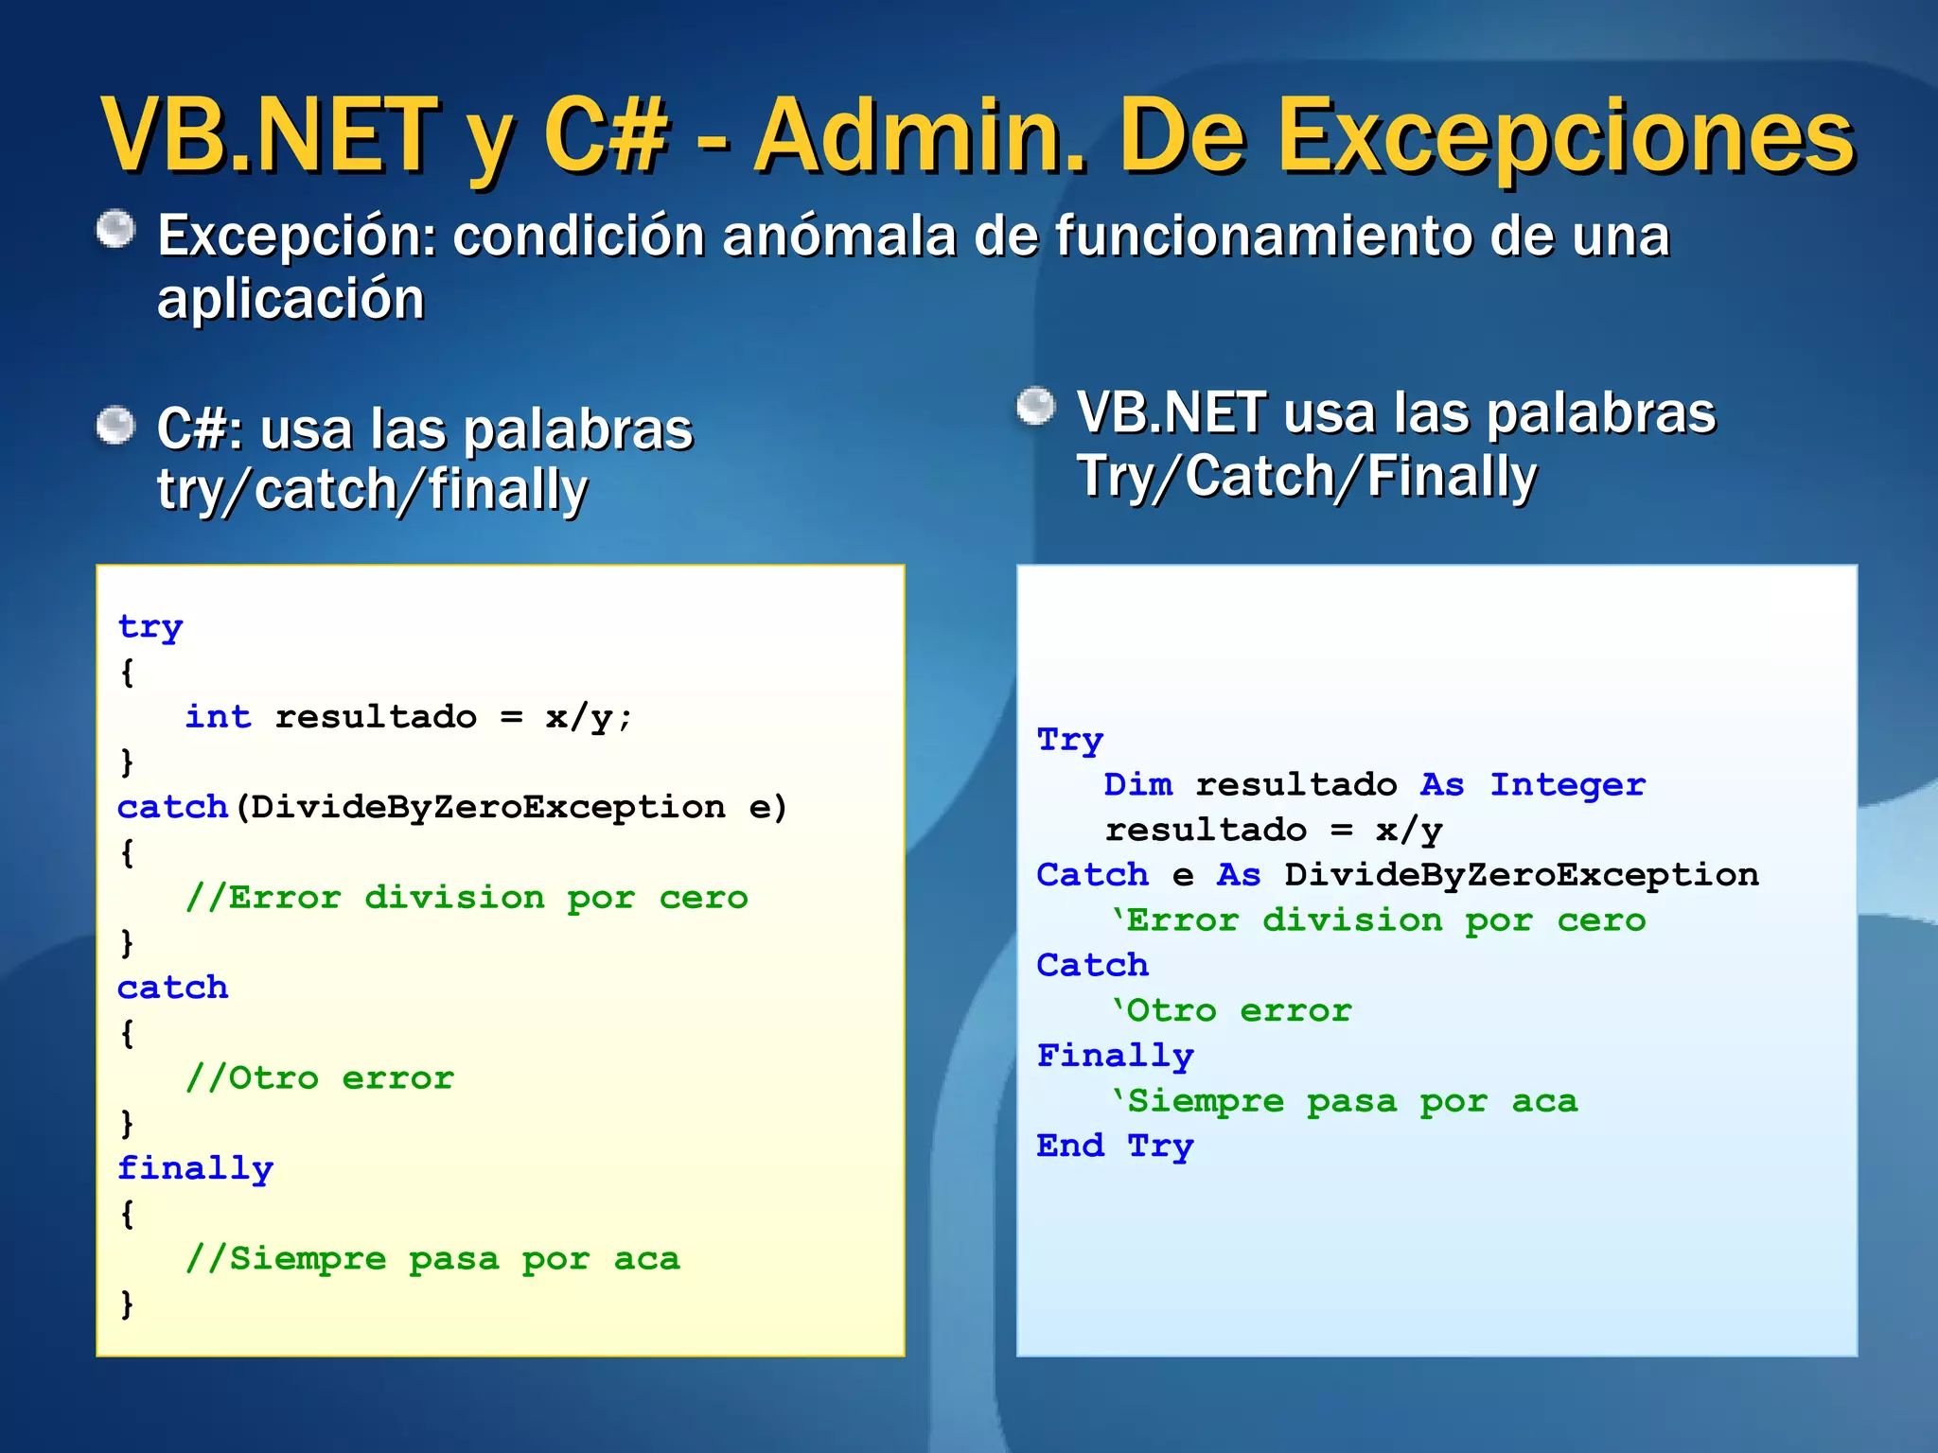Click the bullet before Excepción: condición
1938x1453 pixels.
click(x=116, y=230)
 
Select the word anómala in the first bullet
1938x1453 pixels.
click(x=838, y=236)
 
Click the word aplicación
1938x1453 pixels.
click(x=291, y=300)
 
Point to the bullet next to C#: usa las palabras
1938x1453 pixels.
click(x=116, y=426)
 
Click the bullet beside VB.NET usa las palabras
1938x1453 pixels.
click(x=1036, y=408)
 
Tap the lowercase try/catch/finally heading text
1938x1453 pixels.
click(x=372, y=491)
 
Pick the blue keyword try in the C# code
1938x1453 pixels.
click(x=150, y=627)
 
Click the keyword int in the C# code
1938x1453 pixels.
click(x=218, y=717)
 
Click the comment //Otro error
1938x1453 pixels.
click(x=320, y=1078)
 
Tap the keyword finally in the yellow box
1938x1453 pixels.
click(x=195, y=1168)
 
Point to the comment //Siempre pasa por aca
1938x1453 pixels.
click(x=432, y=1259)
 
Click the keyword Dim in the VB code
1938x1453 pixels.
click(x=1137, y=785)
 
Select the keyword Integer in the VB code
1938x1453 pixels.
click(x=1567, y=785)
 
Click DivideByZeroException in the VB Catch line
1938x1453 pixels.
click(x=1521, y=875)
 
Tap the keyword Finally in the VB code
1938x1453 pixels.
click(x=1115, y=1056)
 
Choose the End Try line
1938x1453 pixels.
click(x=1115, y=1147)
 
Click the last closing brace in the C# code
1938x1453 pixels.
click(x=127, y=1304)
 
